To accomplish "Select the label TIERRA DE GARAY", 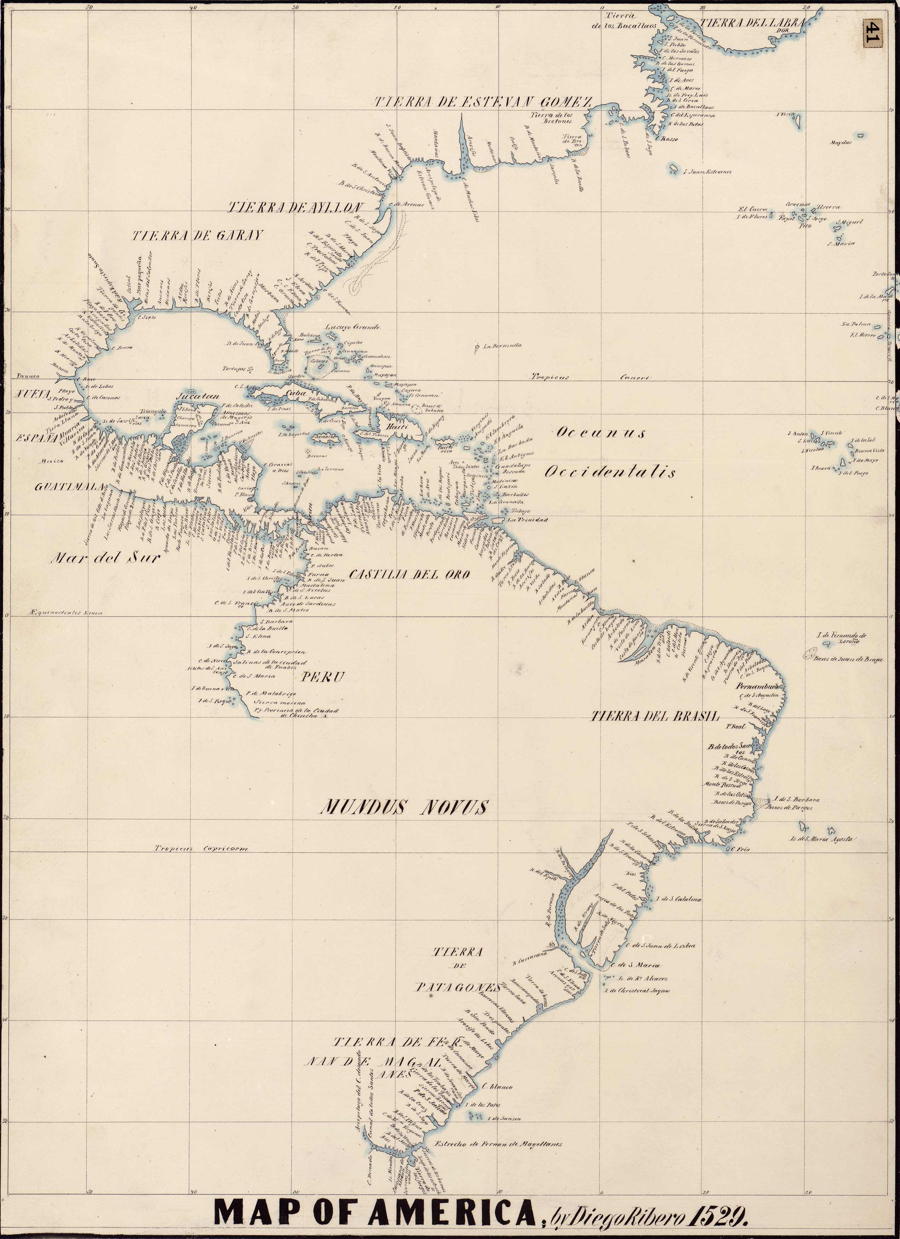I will coord(197,235).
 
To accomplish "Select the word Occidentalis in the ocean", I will coord(610,473).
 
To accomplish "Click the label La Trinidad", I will coord(527,520).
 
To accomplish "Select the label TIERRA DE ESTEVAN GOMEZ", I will coord(483,102).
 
